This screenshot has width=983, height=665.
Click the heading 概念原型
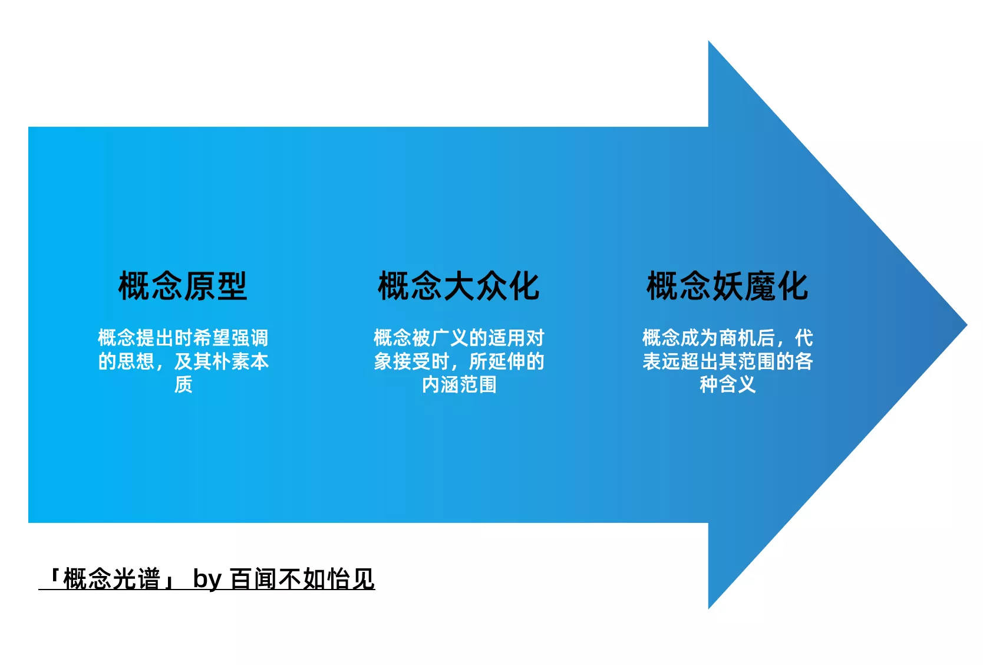183,286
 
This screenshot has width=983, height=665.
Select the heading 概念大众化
458,286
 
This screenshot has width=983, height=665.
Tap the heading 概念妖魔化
727,286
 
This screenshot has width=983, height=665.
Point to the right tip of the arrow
966,325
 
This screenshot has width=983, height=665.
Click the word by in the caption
207,580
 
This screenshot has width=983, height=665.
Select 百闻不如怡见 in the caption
302,579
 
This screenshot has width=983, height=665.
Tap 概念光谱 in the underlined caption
112,579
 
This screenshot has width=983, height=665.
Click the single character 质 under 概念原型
183,384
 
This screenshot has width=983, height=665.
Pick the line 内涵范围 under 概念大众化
459,384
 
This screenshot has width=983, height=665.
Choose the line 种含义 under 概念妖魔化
727,384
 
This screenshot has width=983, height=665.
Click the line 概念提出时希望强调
183,338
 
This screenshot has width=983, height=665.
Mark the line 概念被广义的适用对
459,338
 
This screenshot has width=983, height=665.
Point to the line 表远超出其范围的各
728,361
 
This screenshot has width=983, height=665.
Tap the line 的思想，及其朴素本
183,361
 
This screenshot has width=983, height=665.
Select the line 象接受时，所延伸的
459,361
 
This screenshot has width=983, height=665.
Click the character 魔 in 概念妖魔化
760,286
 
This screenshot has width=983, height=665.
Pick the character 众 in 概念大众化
491,286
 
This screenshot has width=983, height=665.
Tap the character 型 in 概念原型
232,286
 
